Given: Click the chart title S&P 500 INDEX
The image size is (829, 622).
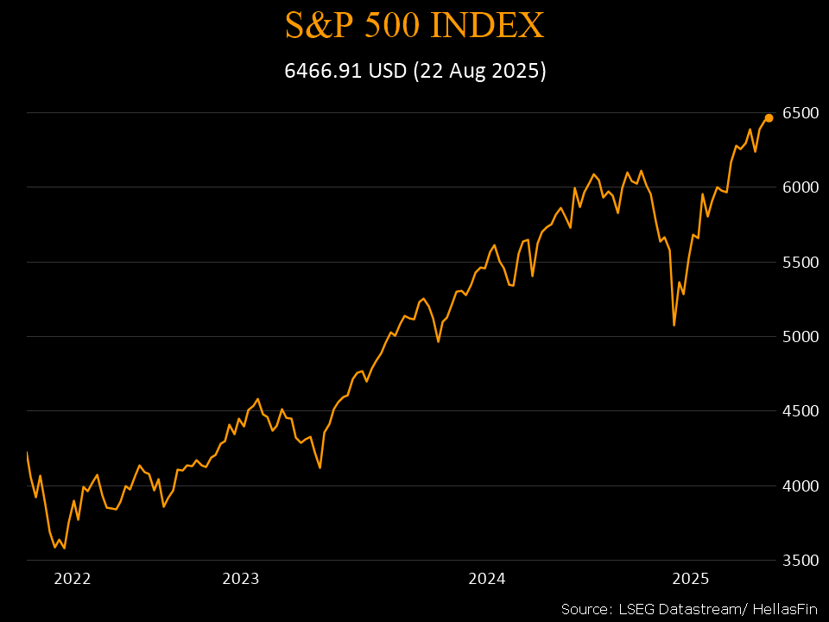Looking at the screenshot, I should pos(414,25).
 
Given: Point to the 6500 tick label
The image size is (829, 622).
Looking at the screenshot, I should pos(800,113).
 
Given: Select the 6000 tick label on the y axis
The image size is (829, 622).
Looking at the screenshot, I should pos(800,187).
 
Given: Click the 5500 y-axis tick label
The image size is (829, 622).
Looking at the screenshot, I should pos(800,262).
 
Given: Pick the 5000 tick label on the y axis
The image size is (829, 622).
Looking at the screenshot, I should pos(800,337).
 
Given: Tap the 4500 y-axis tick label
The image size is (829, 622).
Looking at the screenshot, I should pos(800,411).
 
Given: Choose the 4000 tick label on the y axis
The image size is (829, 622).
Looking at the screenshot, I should pos(800,486).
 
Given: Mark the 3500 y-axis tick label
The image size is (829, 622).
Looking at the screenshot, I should pos(800,561).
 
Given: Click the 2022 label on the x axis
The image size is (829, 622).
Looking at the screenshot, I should pos(72,579).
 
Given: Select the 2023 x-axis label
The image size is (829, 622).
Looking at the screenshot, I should pos(241,579).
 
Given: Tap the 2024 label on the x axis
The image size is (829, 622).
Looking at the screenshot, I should pos(487,579).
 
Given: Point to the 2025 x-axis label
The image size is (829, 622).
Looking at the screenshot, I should pos(691,579).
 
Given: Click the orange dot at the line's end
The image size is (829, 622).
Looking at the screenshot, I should pos(769,117).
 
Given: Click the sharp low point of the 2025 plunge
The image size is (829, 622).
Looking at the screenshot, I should pos(674,325).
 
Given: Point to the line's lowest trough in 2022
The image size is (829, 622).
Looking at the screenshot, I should pos(64,548).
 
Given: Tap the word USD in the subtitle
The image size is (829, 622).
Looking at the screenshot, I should pos(387,72).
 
